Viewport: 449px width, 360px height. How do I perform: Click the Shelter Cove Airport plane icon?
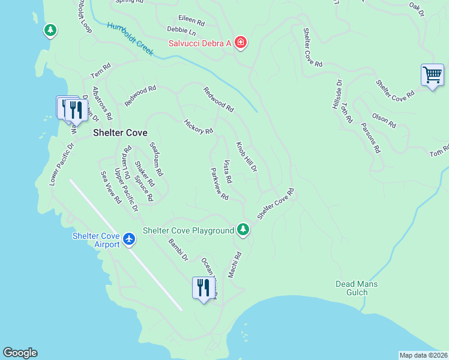[128, 239]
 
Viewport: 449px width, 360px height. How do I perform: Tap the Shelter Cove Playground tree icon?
[243, 229]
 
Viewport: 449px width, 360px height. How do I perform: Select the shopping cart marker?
[432, 75]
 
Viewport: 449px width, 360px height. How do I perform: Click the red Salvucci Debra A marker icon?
[240, 42]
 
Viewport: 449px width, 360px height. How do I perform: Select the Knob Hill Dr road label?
[246, 157]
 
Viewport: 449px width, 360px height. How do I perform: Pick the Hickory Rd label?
[199, 127]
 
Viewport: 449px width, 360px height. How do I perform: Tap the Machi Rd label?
[235, 265]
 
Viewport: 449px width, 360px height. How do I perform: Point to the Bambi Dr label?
[178, 250]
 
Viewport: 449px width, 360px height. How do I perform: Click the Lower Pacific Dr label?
[62, 163]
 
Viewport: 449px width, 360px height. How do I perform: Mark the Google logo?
[20, 353]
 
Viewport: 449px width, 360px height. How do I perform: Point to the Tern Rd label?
[101, 71]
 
